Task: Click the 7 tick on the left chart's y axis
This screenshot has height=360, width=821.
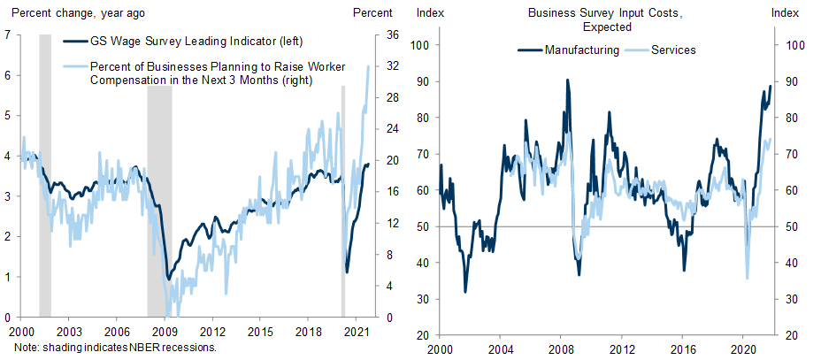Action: (x=8, y=34)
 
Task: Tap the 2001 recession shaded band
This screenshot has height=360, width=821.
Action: (x=45, y=177)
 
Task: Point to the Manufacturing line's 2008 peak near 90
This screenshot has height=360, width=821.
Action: (x=567, y=80)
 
